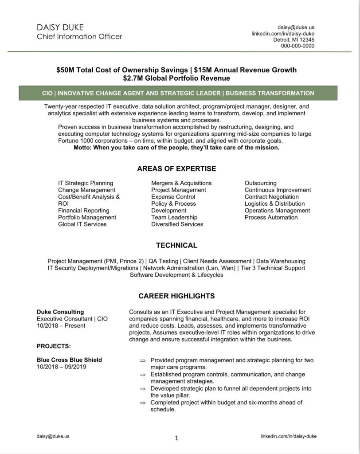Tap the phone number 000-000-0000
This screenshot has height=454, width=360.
coord(297,46)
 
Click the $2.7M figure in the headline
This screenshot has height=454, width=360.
coord(135,78)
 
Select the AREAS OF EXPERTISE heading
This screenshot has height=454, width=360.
coord(176,168)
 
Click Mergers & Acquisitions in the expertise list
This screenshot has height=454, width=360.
coord(181,183)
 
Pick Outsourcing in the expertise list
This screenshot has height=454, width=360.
coord(260,183)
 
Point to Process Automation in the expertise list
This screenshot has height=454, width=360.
coord(271,217)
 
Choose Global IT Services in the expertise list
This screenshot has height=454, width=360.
coord(82,224)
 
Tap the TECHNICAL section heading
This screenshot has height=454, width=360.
coord(176,245)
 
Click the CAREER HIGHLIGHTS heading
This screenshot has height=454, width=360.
coord(176,296)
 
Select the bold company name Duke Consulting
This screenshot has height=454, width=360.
coord(60,312)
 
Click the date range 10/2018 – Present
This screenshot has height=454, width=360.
coord(61,325)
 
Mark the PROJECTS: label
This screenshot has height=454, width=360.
coord(54,346)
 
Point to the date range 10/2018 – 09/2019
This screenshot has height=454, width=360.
coord(61,367)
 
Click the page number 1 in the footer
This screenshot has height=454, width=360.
coord(176,438)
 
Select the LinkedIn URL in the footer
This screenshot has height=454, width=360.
coord(289,436)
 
